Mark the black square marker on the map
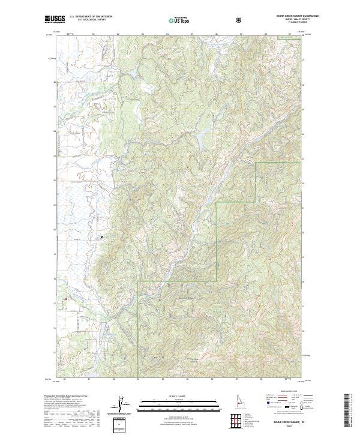click(102, 238)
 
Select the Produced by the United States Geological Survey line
click(66, 397)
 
